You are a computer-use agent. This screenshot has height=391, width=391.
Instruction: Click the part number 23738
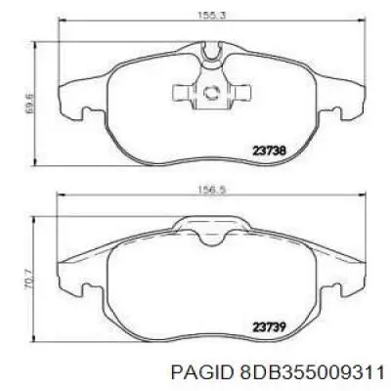pos(270,151)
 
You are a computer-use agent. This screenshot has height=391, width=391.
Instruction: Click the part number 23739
pos(270,326)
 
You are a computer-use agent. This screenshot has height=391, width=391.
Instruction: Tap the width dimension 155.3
pos(212,15)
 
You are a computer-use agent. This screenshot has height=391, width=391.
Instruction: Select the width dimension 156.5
pos(212,190)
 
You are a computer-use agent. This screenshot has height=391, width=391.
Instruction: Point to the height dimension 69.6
pos(29,104)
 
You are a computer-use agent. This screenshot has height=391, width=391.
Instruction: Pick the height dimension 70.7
pos(29,281)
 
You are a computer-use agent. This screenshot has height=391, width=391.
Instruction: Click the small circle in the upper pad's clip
pos(211,93)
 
